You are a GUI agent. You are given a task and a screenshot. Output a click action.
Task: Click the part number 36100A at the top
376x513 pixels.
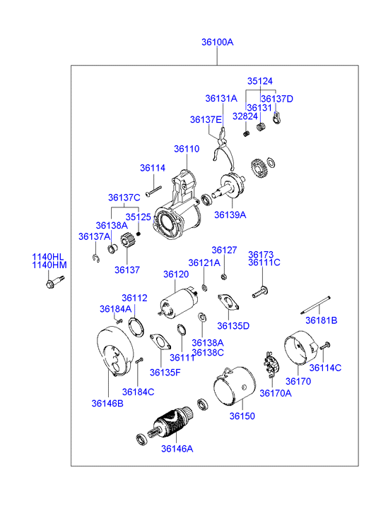click(218, 42)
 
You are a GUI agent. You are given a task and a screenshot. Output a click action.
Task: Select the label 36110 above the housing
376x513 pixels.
click(187, 149)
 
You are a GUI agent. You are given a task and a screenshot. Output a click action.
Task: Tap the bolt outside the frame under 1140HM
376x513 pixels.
click(55, 282)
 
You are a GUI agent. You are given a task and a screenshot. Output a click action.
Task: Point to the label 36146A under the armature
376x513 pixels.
click(177, 449)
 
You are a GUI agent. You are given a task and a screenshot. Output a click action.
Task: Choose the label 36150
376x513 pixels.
click(242, 416)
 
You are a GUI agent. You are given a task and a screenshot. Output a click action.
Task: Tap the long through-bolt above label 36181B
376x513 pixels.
click(315, 305)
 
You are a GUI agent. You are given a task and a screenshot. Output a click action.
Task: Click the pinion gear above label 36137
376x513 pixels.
click(127, 241)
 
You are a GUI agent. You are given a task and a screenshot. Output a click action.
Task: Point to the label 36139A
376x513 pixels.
click(230, 215)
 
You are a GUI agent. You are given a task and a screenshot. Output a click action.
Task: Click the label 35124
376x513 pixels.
click(260, 81)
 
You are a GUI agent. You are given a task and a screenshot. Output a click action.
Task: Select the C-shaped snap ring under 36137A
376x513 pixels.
click(95, 258)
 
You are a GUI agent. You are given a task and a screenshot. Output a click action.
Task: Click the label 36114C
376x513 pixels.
click(325, 368)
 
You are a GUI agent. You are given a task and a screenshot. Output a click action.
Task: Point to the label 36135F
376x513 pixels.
click(165, 373)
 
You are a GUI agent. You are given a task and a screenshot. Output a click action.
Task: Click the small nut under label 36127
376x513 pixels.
click(224, 277)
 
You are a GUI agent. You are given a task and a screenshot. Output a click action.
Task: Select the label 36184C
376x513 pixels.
click(138, 392)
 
